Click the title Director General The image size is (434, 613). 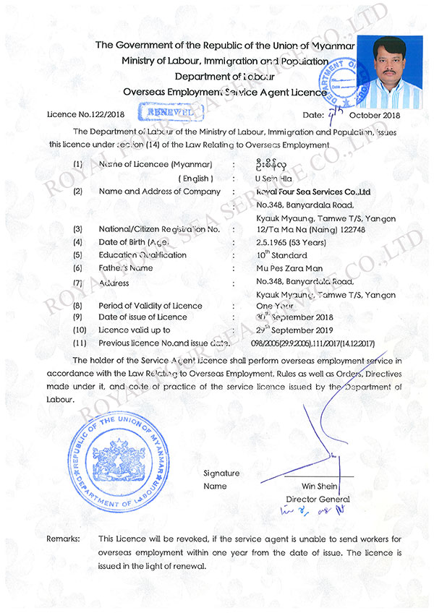[x=318, y=499]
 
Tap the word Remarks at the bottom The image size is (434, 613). [x=63, y=539]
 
